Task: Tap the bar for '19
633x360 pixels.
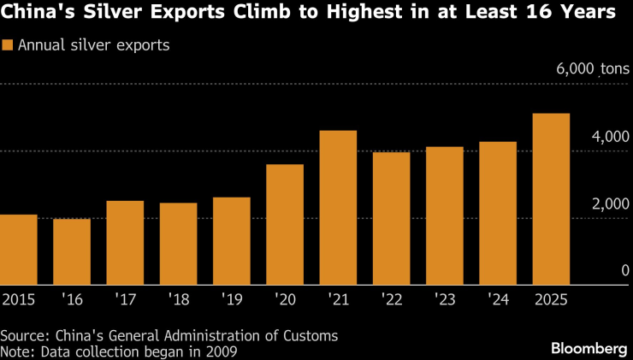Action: point(231,240)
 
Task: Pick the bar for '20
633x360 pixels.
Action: point(284,224)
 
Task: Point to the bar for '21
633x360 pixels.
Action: point(338,207)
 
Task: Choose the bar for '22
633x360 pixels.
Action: point(391,218)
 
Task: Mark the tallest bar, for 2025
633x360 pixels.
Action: point(551,198)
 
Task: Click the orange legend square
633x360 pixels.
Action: point(8,45)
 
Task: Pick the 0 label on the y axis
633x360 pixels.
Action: point(624,270)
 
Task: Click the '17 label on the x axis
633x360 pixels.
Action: point(124,299)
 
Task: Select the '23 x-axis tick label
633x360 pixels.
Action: point(444,299)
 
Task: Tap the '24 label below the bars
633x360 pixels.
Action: point(498,299)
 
